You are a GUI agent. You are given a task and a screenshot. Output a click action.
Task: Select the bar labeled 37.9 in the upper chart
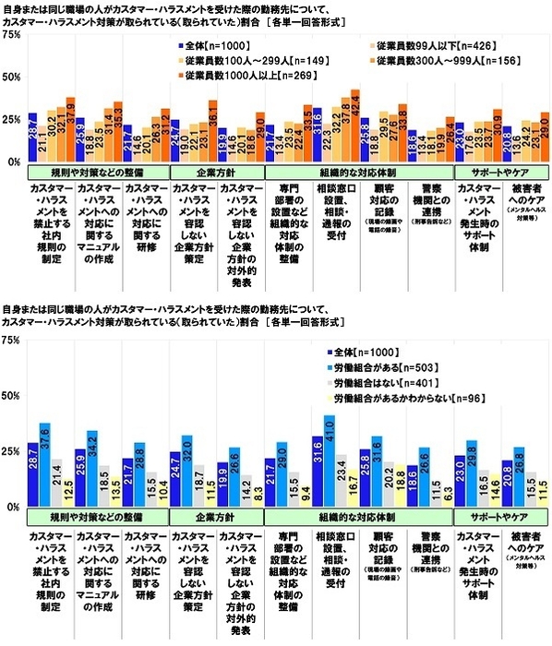tap(70, 129)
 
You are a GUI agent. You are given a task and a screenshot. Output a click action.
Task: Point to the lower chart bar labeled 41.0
tap(330, 461)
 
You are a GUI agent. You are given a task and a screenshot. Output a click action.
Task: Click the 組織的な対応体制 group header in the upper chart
tap(356, 171)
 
